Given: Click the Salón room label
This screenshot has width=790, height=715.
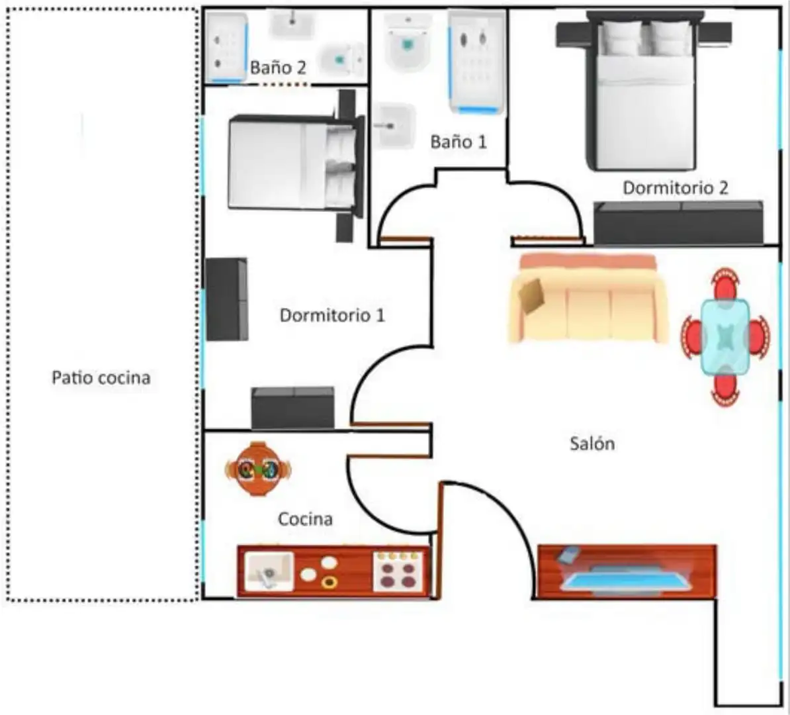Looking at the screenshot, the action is click(x=592, y=444).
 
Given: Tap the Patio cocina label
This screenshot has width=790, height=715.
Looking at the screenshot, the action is click(x=101, y=377).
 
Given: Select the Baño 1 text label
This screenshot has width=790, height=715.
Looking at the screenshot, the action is click(x=459, y=142).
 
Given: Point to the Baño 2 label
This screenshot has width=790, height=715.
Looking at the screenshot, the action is click(x=278, y=68).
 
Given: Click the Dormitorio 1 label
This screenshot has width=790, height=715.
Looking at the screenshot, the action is click(x=332, y=316).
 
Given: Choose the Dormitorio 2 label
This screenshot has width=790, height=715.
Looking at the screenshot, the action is click(x=676, y=188).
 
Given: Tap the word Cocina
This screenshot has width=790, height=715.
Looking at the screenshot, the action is click(x=305, y=519).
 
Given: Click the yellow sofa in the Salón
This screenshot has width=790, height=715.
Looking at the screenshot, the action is click(x=588, y=299).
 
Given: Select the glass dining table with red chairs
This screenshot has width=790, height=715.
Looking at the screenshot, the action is click(x=725, y=337).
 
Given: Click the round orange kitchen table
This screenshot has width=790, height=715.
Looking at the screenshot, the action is click(x=258, y=469).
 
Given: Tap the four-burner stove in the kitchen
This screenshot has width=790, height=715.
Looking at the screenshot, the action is click(x=398, y=571).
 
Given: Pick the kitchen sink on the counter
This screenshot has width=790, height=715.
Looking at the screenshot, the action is click(x=269, y=571).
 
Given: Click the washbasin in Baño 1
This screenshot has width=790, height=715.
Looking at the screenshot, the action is click(x=396, y=126).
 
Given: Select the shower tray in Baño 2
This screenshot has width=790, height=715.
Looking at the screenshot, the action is click(x=227, y=47).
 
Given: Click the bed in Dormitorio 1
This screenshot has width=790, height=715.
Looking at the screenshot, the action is click(x=296, y=164).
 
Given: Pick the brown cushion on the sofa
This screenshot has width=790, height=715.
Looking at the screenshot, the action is click(x=532, y=297).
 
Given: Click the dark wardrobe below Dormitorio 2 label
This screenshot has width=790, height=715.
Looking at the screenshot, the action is click(x=678, y=223).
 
